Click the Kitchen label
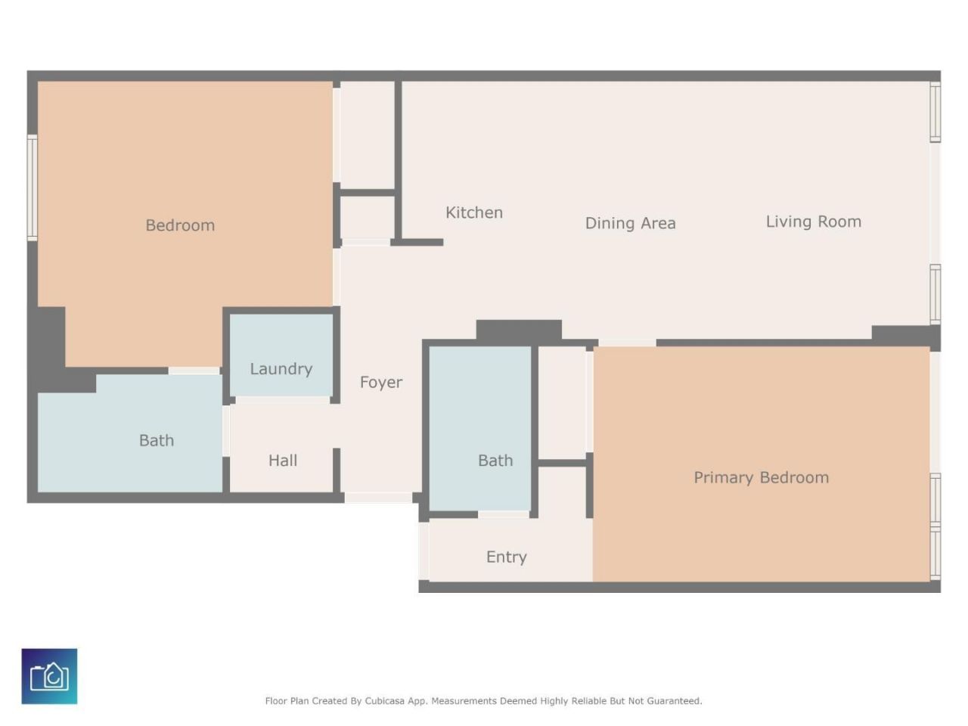[473, 213]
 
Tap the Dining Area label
[630, 223]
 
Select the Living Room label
[813, 222]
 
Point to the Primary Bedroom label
[762, 477]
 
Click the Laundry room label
[281, 368]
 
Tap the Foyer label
[381, 382]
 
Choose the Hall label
[283, 461]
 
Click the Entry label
[506, 557]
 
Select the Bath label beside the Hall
[156, 440]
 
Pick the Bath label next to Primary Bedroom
[495, 461]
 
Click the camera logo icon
[49, 676]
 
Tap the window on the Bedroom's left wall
[33, 188]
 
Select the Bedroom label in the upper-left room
[180, 225]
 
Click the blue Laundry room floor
[281, 355]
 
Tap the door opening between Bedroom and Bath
[194, 371]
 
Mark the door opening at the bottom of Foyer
[378, 497]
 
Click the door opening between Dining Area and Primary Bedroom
[627, 343]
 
